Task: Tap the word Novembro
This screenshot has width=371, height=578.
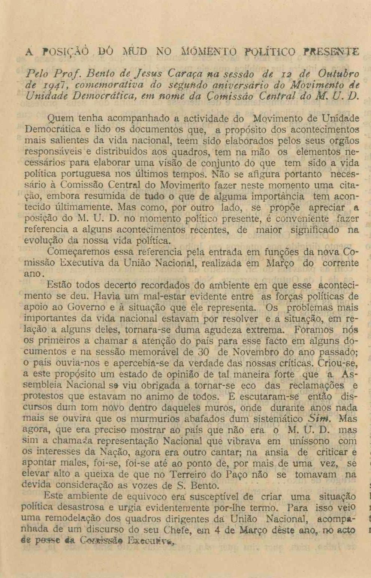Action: pos(259,352)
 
